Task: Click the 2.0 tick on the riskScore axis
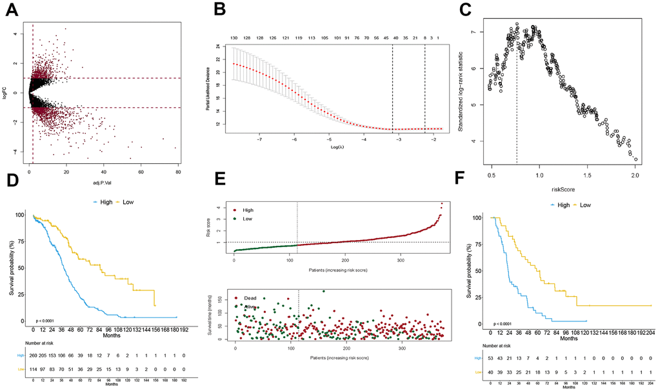pos(635,174)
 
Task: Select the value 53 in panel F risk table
pos(492,356)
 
